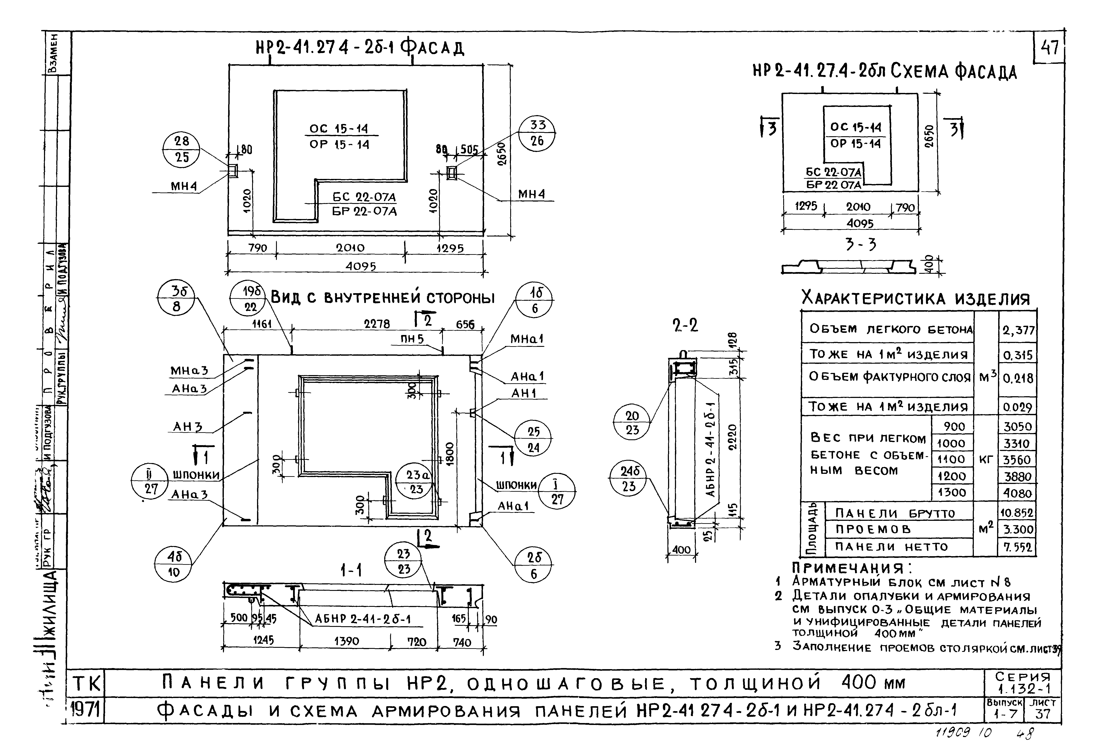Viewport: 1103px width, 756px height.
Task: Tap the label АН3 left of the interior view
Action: coord(187,427)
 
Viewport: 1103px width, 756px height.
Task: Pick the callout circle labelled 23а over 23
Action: coord(416,482)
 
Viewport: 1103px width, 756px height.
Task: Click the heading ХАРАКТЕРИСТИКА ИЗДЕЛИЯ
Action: coord(915,299)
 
